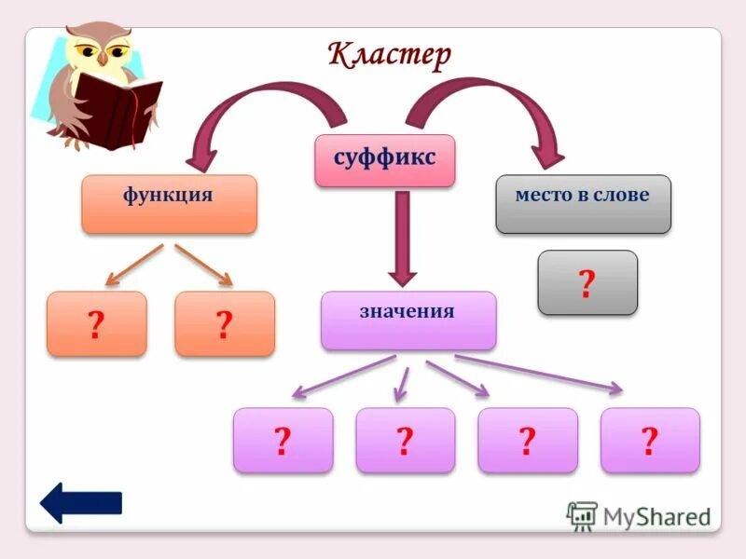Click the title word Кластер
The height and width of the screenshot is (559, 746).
(x=390, y=55)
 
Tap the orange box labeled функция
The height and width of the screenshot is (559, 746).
(x=169, y=203)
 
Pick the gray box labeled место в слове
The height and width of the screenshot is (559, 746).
(x=583, y=203)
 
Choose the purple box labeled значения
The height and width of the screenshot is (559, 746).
(x=408, y=320)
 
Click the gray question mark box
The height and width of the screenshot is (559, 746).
(x=587, y=282)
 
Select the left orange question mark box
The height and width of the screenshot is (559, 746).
(x=96, y=323)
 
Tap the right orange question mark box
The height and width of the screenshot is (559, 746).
(x=225, y=323)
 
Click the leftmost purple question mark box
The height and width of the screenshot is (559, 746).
(x=283, y=440)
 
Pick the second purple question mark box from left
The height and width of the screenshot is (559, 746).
(x=405, y=440)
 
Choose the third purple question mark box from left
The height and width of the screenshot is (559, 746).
(x=527, y=440)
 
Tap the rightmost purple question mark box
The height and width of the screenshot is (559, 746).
(x=650, y=440)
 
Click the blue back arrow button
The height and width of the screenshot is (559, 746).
(x=80, y=502)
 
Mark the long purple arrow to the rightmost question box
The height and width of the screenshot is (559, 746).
(x=541, y=372)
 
